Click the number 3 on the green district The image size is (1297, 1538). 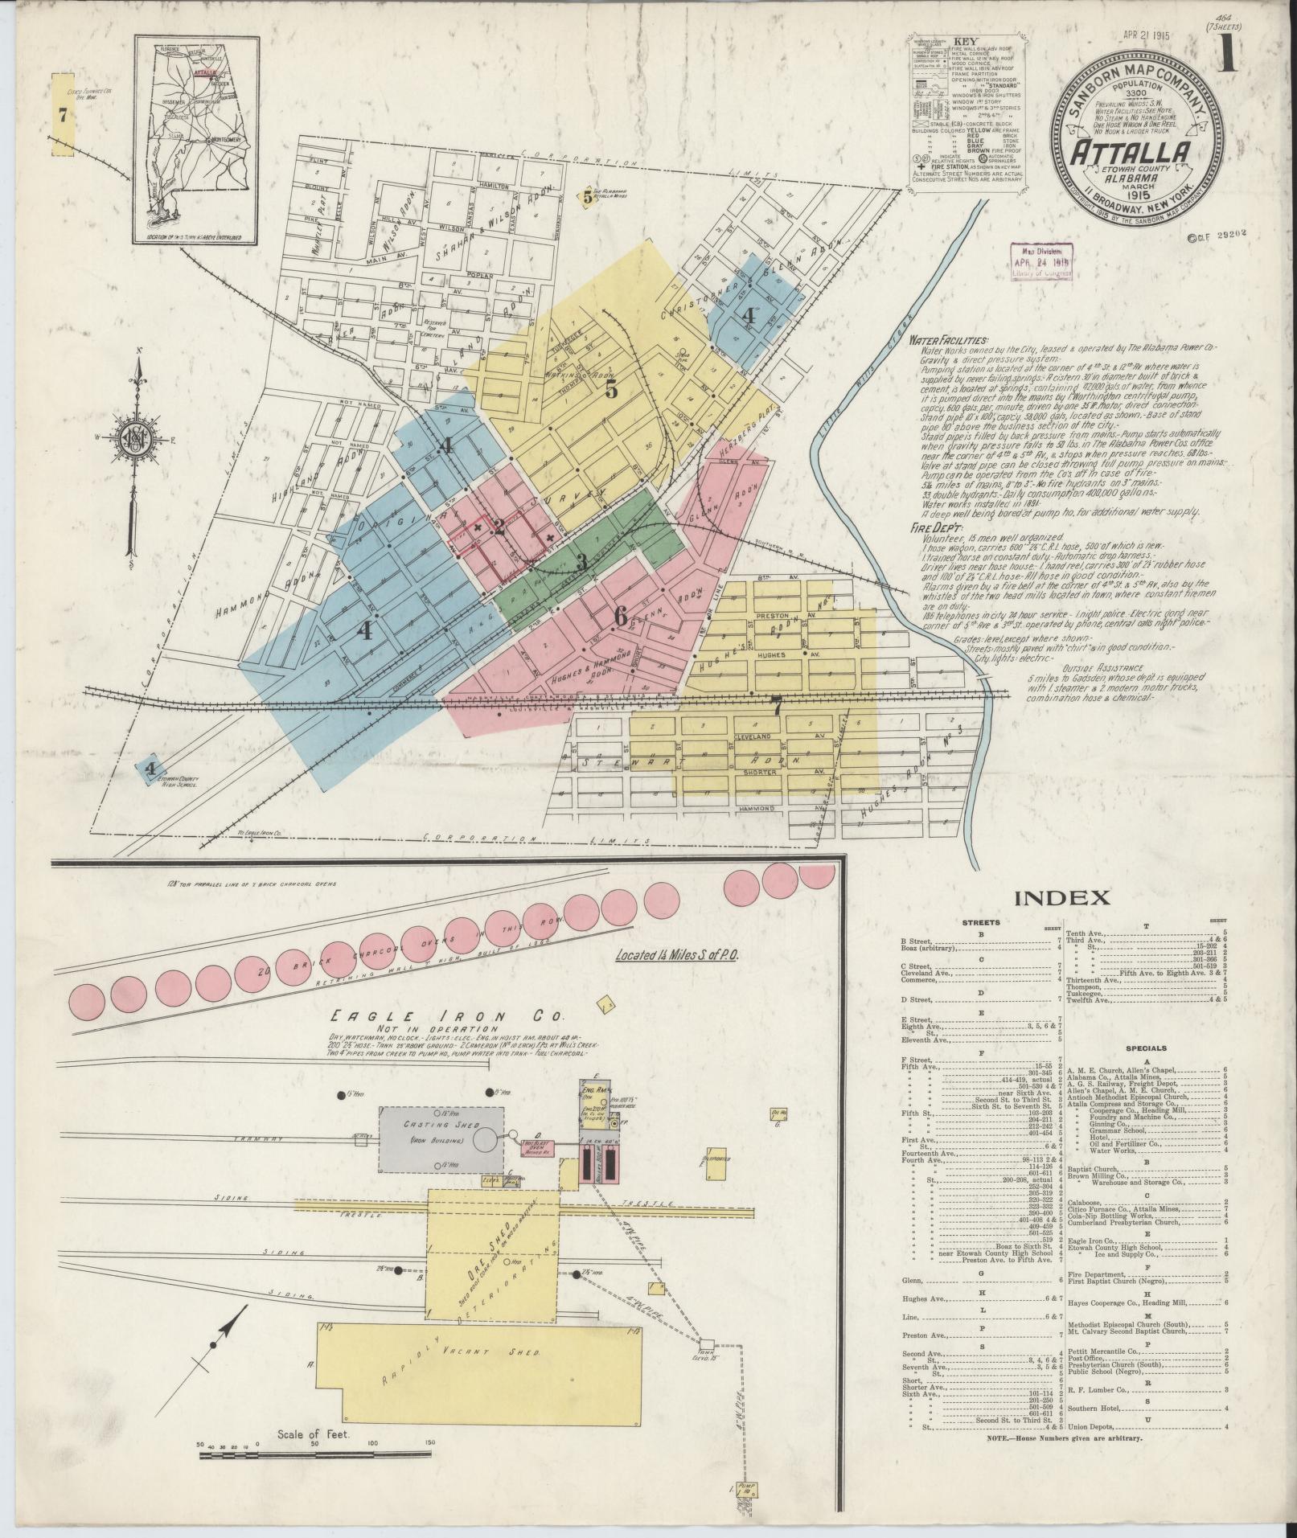tap(581, 563)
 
